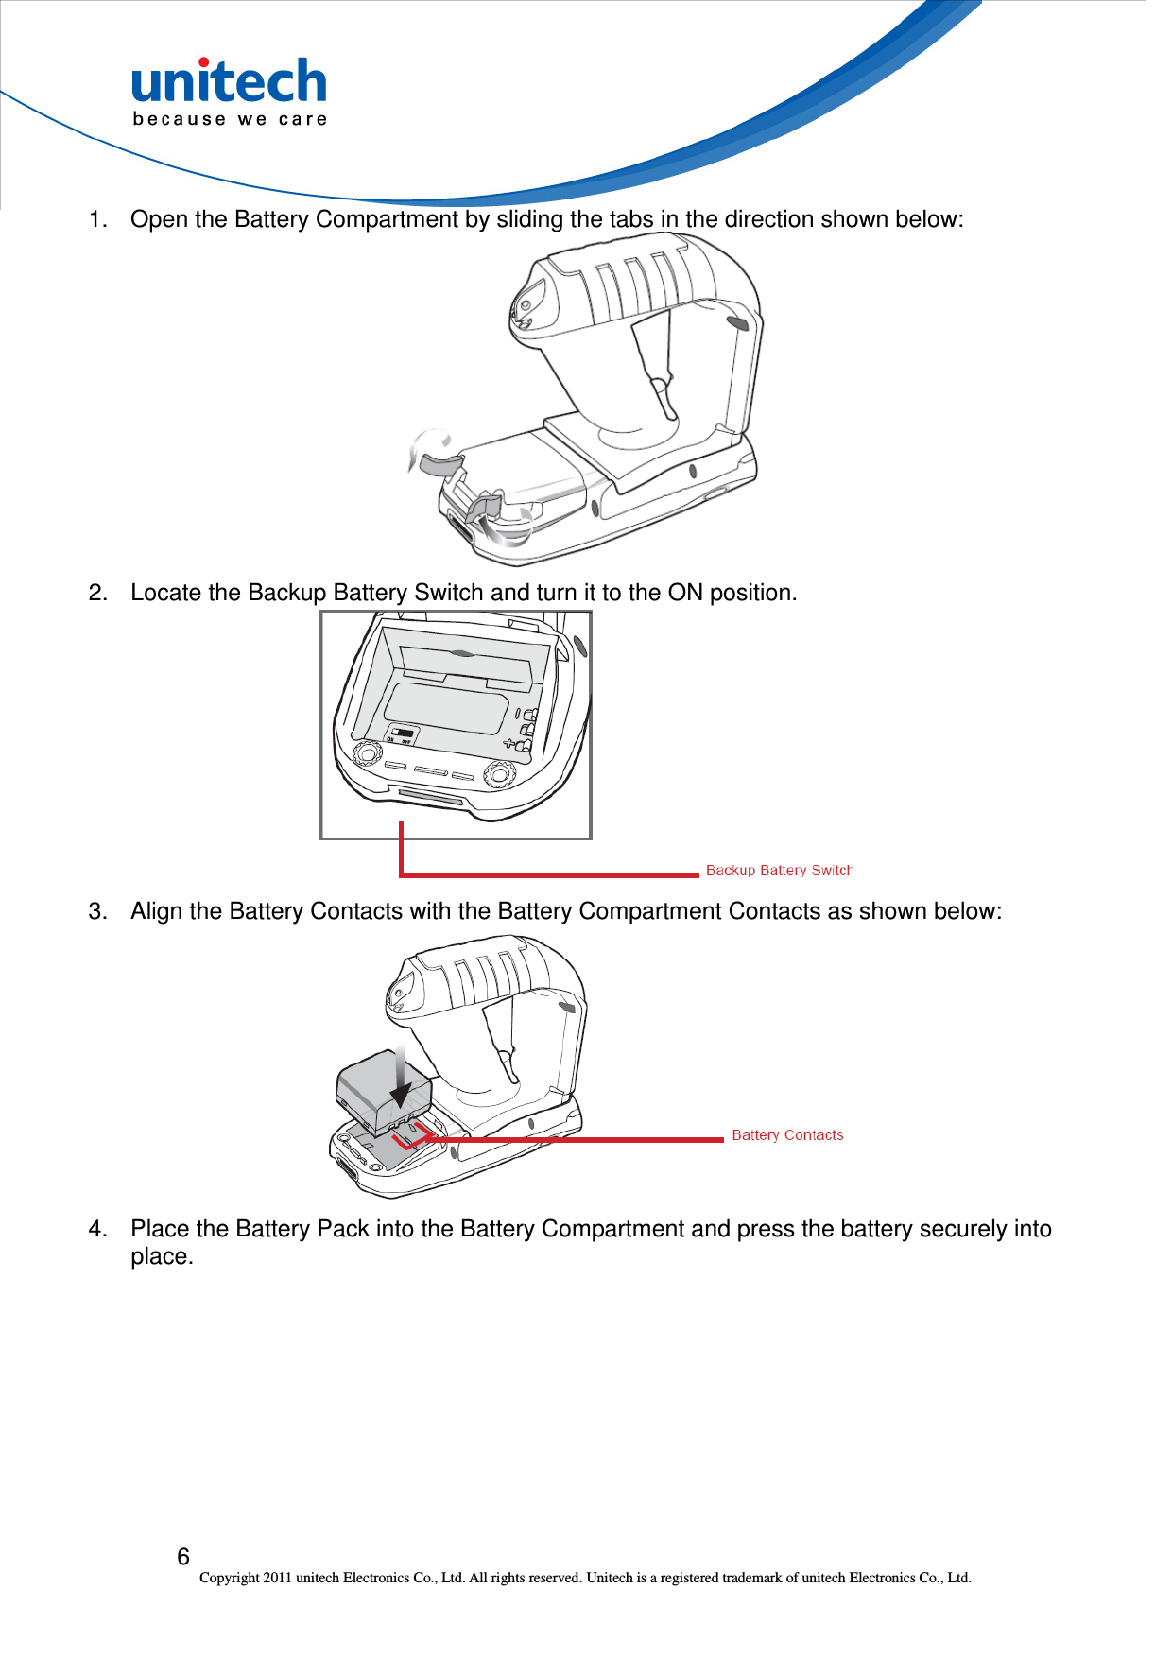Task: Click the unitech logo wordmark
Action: point(229,82)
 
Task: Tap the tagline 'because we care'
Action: point(230,119)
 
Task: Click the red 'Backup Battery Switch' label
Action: point(780,870)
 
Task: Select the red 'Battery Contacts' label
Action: point(787,1134)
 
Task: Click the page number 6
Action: point(183,1556)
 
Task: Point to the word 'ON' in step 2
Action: point(685,593)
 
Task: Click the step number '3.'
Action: point(97,911)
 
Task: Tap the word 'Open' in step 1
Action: point(159,219)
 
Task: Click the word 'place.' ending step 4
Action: point(162,1257)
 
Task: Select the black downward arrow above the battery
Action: point(402,1078)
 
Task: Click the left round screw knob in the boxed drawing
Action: point(366,753)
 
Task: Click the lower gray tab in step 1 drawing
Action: point(484,507)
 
